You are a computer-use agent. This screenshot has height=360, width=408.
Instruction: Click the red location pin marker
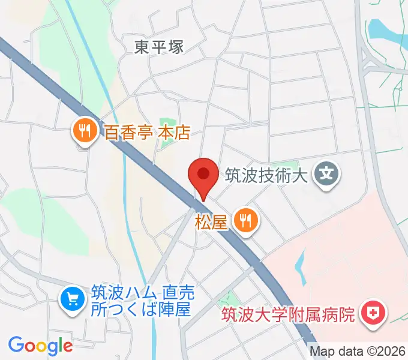[x=203, y=175]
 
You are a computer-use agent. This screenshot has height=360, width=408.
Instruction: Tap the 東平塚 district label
[x=159, y=47]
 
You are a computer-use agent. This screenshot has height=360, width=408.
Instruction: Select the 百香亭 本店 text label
[x=147, y=132]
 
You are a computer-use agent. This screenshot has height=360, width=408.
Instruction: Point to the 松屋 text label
[x=211, y=222]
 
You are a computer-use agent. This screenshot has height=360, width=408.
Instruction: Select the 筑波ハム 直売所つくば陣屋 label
[x=142, y=302]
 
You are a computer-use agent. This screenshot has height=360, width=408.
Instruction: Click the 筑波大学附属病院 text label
[x=289, y=314]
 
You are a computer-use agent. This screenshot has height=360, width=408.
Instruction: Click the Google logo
[x=40, y=345]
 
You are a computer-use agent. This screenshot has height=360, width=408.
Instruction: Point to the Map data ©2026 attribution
[x=358, y=352]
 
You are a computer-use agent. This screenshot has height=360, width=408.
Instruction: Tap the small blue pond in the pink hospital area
[x=300, y=265]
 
